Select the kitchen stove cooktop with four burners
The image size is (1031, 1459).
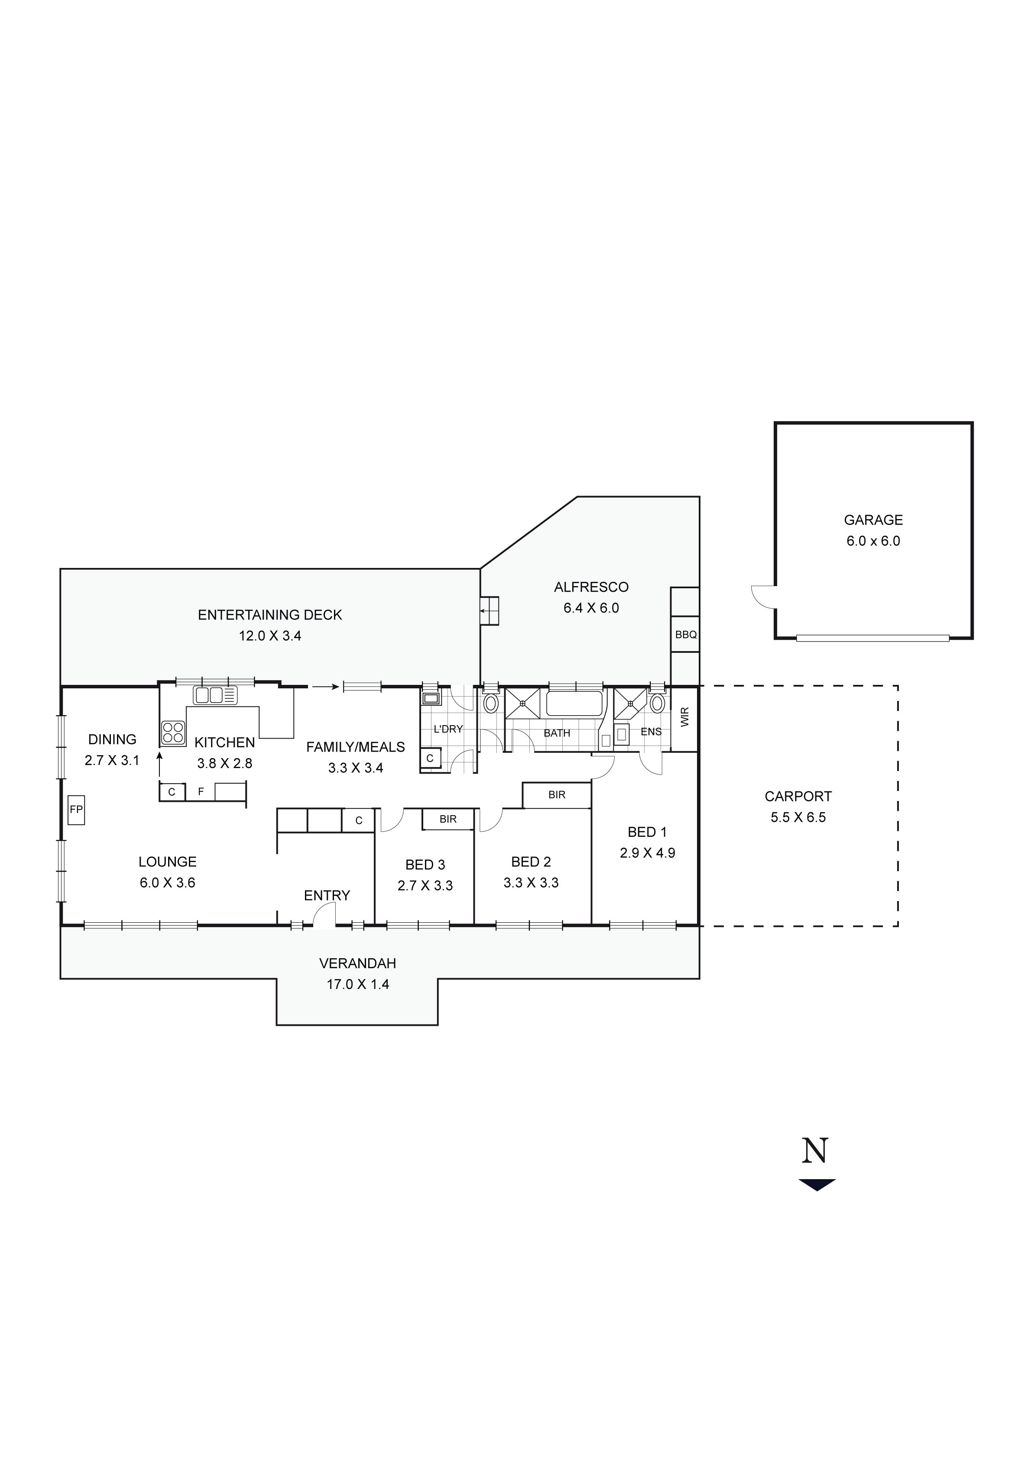point(173,732)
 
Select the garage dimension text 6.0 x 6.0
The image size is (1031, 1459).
point(873,541)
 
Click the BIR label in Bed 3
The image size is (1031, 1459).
point(448,819)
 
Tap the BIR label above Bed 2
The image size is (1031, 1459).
point(557,794)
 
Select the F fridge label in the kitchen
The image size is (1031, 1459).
point(201,792)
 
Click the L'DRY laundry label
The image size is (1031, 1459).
point(448,729)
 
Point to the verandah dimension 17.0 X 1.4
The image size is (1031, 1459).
point(358,984)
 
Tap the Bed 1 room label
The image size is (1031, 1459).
point(647,832)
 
